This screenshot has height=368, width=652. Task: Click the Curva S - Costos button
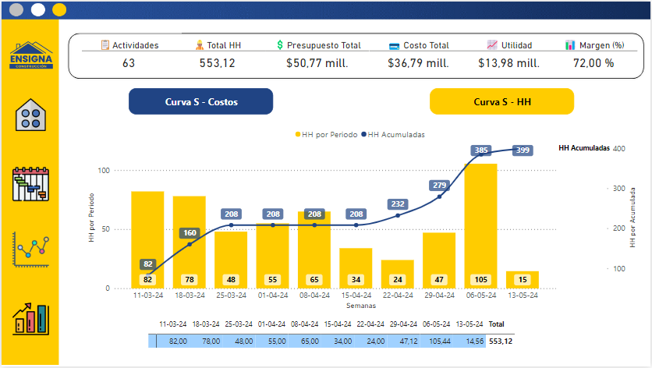click(x=200, y=102)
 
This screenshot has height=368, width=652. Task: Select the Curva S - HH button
click(x=501, y=102)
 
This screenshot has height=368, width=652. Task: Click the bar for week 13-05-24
click(x=522, y=279)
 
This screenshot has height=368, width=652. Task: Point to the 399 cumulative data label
click(x=523, y=150)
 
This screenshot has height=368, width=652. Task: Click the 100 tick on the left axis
click(x=103, y=170)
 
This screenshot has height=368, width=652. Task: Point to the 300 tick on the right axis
click(x=619, y=189)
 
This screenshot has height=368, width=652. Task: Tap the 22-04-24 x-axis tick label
click(x=397, y=296)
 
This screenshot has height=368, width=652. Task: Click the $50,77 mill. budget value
click(x=317, y=63)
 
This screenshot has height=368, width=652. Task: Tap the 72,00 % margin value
click(x=594, y=63)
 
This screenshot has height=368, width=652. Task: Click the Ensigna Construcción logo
click(x=31, y=56)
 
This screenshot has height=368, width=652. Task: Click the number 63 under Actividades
click(x=129, y=63)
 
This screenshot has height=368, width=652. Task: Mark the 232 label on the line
click(x=398, y=204)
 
